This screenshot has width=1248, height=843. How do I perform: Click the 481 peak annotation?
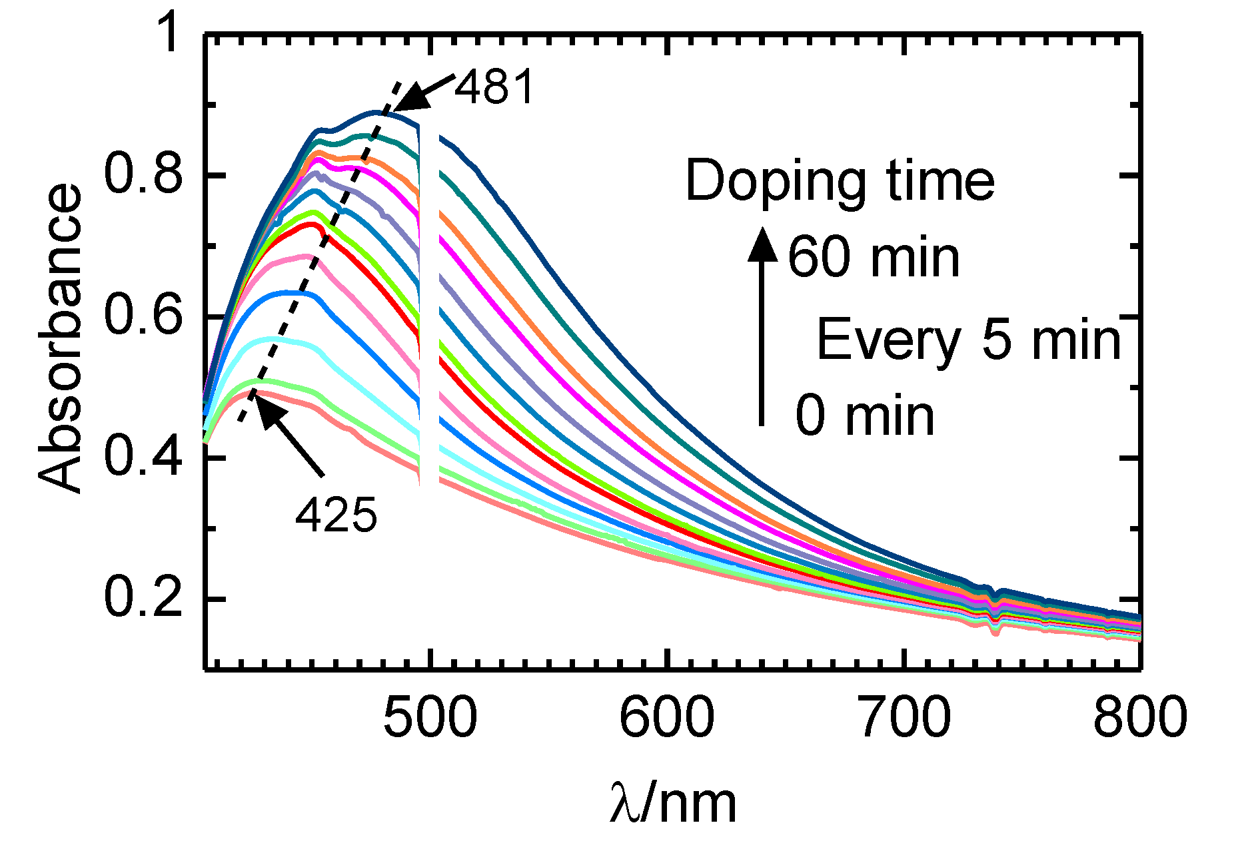(494, 87)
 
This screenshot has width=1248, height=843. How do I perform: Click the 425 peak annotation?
(336, 515)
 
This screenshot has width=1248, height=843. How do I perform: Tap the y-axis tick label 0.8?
(143, 174)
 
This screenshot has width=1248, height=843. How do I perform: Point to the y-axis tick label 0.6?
(143, 316)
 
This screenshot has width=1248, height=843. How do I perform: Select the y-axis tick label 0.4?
(143, 457)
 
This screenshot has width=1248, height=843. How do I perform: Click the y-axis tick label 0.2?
(143, 598)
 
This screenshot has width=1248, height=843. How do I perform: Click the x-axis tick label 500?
(430, 718)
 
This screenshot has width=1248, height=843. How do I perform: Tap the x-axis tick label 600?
(666, 718)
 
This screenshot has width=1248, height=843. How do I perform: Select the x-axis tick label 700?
(904, 718)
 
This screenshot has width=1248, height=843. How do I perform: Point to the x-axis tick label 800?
(1139, 718)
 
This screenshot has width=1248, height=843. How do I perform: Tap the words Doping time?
(840, 181)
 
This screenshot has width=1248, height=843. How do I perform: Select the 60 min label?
(874, 258)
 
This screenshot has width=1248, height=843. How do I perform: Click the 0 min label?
(865, 416)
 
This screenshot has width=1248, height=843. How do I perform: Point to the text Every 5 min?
(969, 340)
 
